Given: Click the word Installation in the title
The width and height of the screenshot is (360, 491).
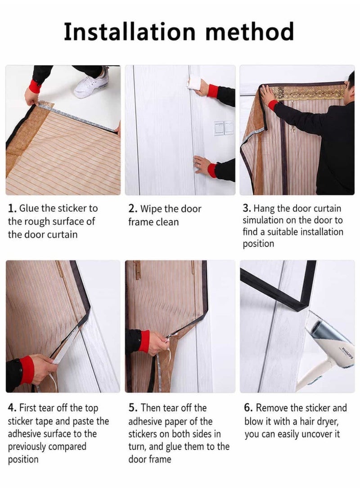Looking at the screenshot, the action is [x=130, y=32].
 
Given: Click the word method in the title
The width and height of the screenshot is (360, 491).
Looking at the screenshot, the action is [x=249, y=32].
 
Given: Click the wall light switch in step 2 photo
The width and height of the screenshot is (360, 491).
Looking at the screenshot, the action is [x=224, y=128].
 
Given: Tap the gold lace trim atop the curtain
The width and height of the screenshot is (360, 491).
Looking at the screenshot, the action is [x=308, y=93].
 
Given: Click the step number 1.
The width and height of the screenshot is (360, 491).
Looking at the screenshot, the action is [x=12, y=208].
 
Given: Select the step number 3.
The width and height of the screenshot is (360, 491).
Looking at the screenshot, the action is [x=247, y=208].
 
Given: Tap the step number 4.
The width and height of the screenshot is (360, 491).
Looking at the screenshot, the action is [x=12, y=408].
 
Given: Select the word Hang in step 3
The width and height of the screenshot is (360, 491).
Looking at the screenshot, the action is [x=264, y=209].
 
